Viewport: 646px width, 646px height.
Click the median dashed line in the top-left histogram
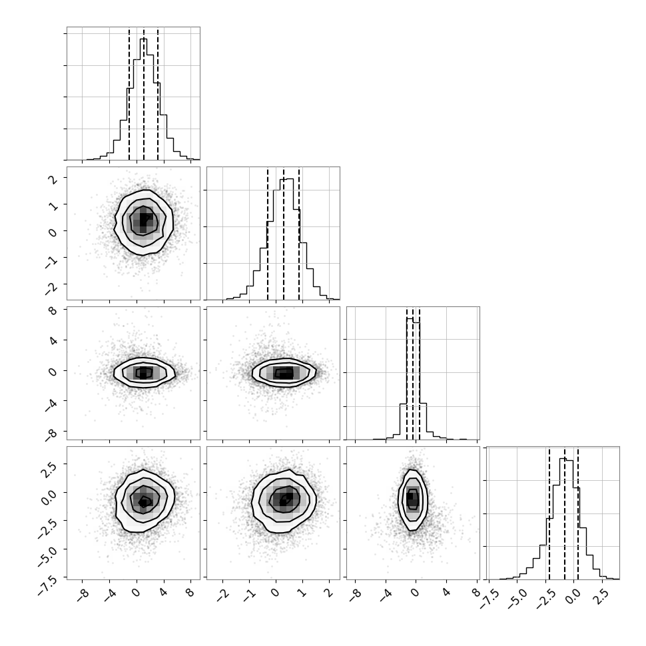(144, 94)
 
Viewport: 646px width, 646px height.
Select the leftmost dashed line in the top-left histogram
(129, 94)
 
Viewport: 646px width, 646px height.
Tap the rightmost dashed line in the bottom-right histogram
(578, 513)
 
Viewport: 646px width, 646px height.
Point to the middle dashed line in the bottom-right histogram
(565, 513)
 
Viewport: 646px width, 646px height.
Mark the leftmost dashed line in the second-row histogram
(268, 234)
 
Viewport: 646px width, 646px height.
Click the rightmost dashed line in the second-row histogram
(299, 234)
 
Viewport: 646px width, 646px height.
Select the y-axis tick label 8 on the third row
(53, 310)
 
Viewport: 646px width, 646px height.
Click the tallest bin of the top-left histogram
(143, 99)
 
